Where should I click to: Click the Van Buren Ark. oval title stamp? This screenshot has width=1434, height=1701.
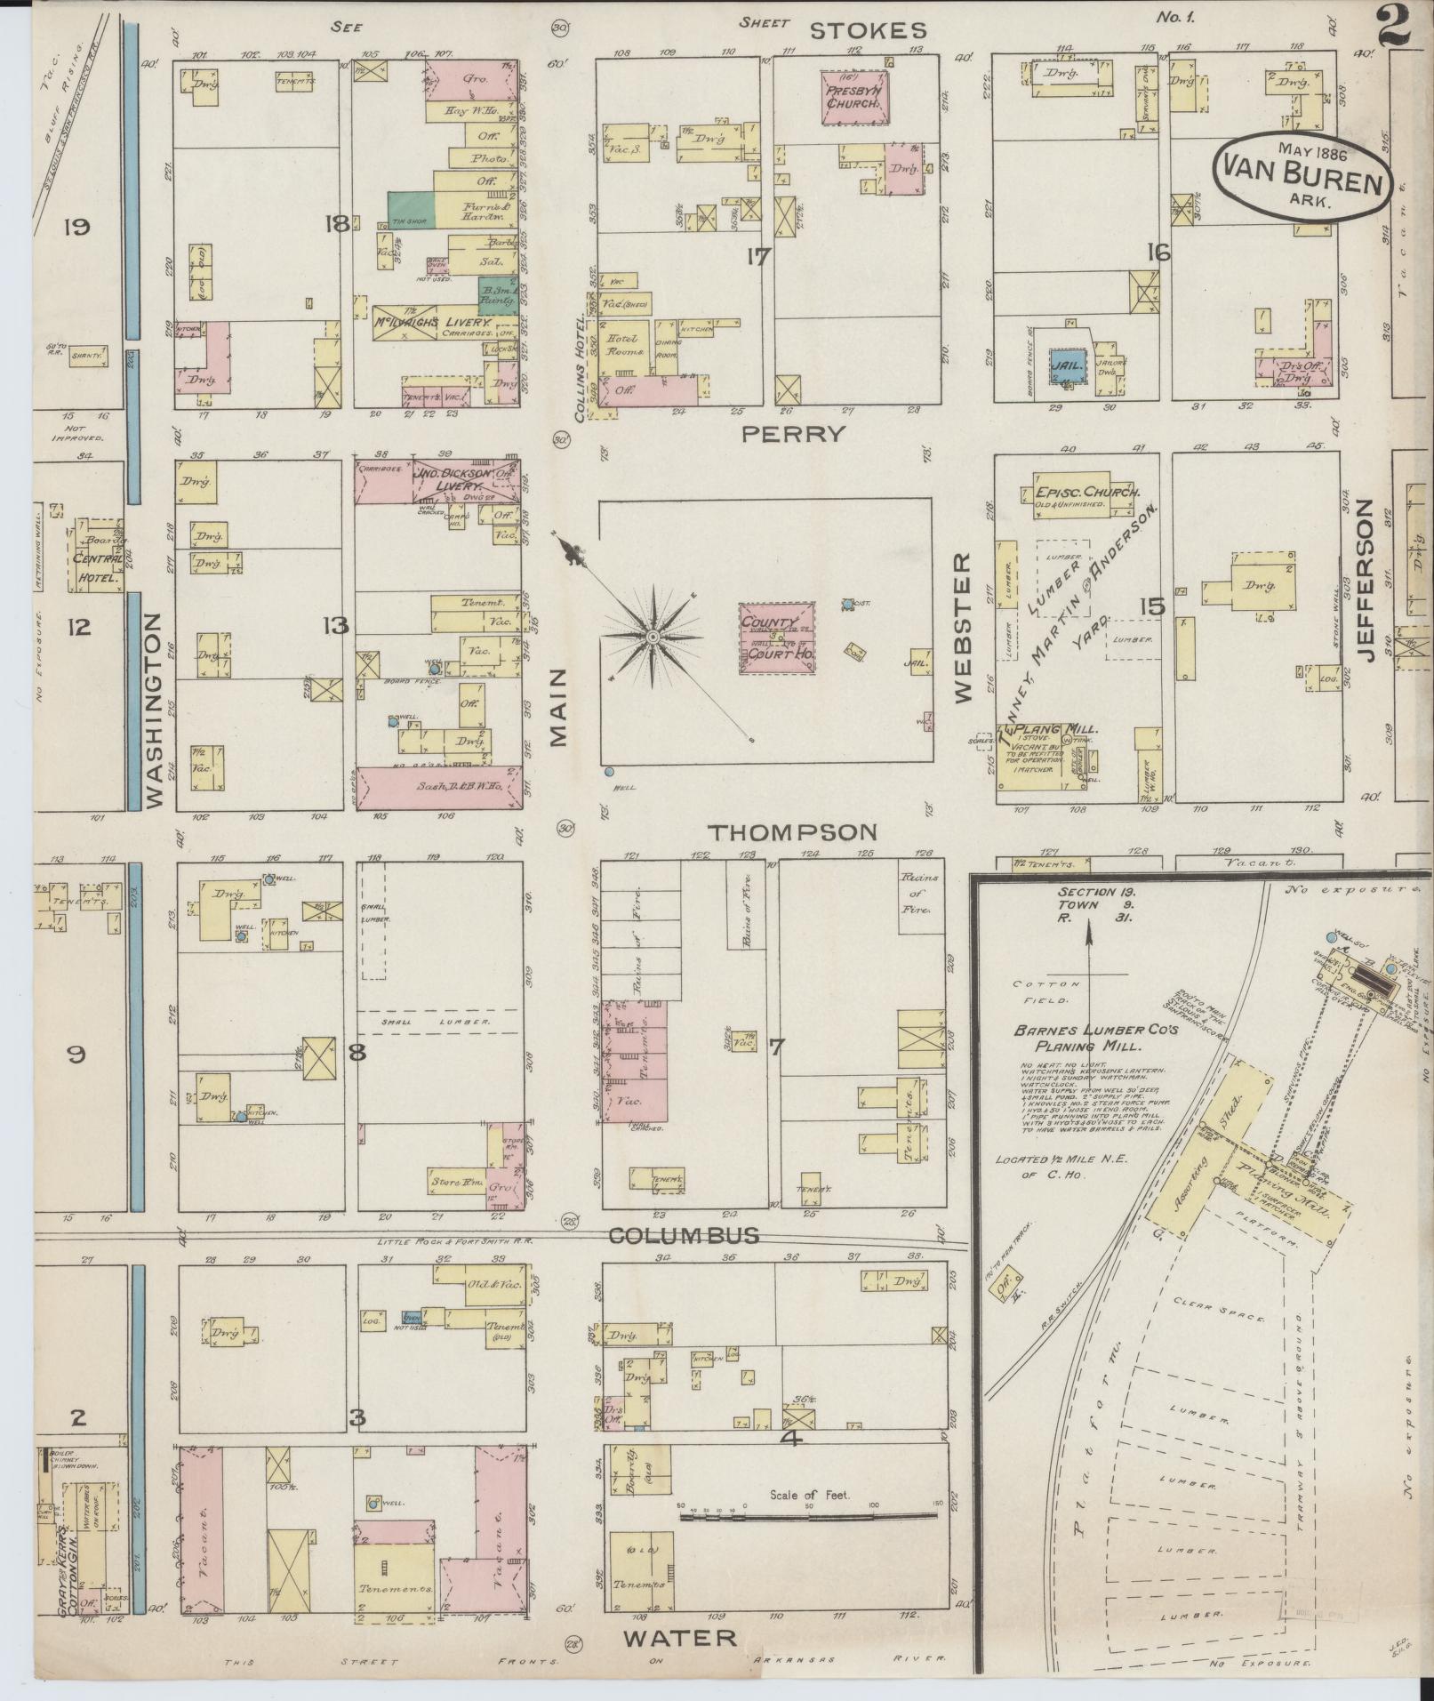[x=1301, y=174]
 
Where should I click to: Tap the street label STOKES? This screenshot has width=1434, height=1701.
[x=868, y=31]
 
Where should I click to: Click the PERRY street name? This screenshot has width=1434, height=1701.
[x=793, y=434]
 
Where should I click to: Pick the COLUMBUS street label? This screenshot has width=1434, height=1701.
[x=684, y=1235]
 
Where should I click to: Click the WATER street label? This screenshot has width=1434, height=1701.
[x=679, y=1637]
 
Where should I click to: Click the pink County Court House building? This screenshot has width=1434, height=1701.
[x=778, y=638]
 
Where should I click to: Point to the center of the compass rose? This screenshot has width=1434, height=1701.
[x=652, y=638]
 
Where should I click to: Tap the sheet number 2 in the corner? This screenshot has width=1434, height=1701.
[x=1396, y=25]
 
